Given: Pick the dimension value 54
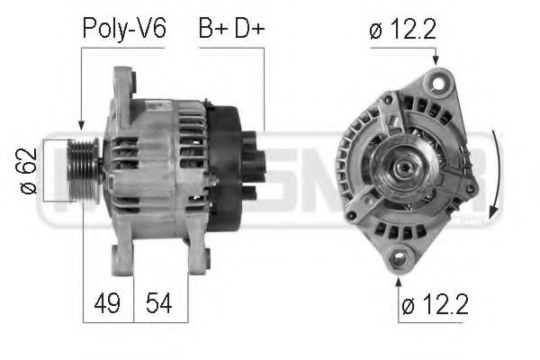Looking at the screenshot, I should pyautogui.click(x=161, y=304).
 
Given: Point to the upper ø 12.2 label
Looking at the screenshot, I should pyautogui.click(x=402, y=28).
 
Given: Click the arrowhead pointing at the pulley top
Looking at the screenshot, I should pyautogui.click(x=82, y=128).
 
